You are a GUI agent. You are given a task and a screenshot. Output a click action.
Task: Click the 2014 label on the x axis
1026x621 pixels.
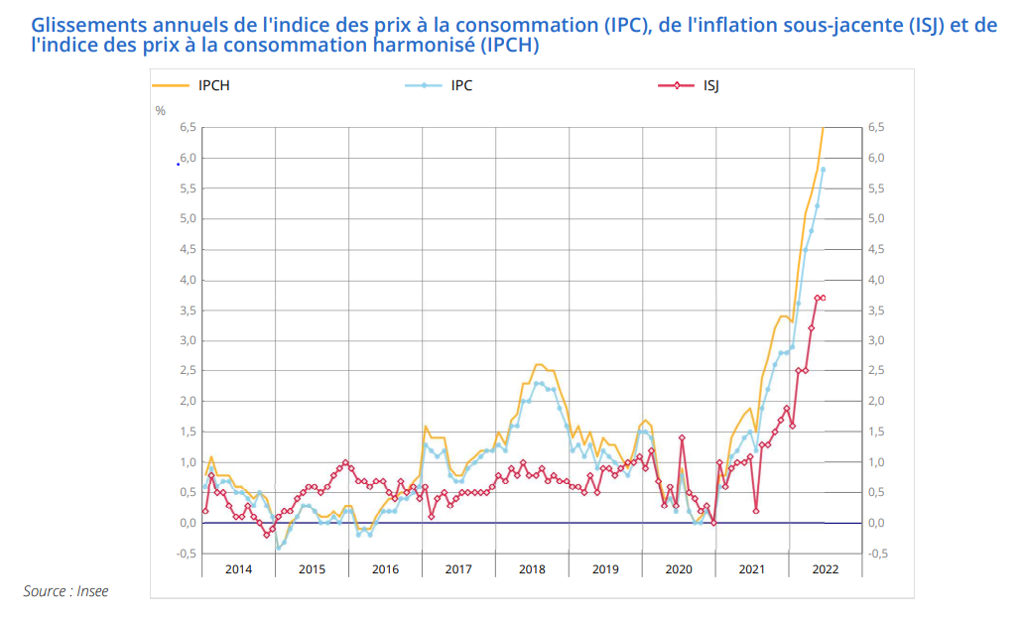point(238,569)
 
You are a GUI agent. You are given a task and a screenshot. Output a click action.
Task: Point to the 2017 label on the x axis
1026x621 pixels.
point(458,569)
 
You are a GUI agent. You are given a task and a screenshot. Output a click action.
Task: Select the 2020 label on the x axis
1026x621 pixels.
point(679,569)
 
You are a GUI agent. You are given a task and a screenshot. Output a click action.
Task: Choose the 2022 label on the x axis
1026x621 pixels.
point(826,569)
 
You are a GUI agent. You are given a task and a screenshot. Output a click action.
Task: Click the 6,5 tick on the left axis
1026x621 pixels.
point(188,128)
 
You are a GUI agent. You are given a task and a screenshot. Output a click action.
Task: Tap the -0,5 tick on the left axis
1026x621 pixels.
point(186,554)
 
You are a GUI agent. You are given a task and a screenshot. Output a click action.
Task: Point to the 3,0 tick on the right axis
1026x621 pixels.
point(875,341)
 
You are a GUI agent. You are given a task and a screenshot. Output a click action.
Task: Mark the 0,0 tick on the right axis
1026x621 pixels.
point(875,524)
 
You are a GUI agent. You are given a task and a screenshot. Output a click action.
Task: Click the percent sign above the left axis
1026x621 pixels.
point(161,111)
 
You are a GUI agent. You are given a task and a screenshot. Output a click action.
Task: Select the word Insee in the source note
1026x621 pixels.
point(91,591)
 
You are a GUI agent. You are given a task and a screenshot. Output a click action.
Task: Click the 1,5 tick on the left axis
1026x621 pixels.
point(188,433)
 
